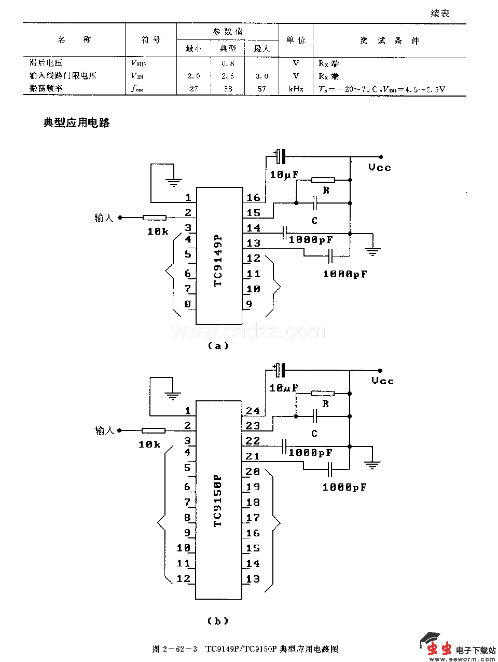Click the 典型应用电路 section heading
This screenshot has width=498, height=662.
tap(76, 123)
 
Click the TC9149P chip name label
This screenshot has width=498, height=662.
tap(218, 259)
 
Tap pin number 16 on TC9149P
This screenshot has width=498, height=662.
tap(253, 197)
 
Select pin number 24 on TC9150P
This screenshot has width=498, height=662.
tap(253, 411)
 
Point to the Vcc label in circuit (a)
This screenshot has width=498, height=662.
tap(380, 167)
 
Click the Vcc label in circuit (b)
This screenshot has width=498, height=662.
tap(383, 381)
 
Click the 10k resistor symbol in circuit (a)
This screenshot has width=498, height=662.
tap(154, 218)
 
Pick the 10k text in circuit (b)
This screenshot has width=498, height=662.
tap(149, 444)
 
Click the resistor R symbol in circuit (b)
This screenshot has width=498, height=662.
tap(322, 394)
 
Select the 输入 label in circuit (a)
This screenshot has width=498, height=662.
tap(104, 218)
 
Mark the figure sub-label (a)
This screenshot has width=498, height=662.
tap(218, 346)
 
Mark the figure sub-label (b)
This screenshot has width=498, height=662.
tap(217, 620)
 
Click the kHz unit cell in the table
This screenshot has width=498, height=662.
tap(296, 89)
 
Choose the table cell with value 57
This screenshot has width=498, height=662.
tap(261, 89)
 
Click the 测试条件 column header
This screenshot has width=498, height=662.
tap(390, 40)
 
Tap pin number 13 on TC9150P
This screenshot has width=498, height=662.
tap(253, 579)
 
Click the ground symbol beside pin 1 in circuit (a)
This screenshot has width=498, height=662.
tap(173, 182)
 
